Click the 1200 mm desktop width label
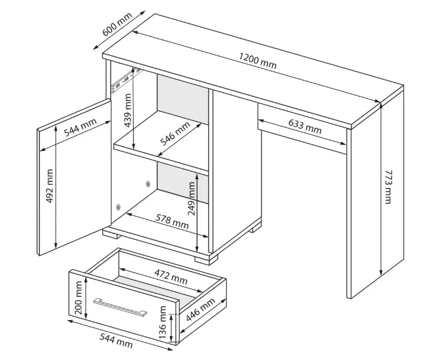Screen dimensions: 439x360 [x=258, y=61]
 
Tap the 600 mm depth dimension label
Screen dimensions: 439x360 [x=117, y=24]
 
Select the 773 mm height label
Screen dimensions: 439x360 [x=387, y=186]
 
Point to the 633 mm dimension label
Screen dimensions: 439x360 [x=305, y=126]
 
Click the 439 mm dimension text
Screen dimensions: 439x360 [x=128, y=110]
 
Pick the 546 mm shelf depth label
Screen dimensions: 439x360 [x=175, y=134]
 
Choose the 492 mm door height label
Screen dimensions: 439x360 [x=49, y=186]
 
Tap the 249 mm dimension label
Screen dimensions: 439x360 [x=192, y=199]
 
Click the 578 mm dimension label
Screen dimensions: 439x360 [x=172, y=221]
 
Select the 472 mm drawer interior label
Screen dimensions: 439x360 [x=171, y=277]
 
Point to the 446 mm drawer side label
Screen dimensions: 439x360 [x=200, y=310]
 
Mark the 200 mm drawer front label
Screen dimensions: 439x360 [x=78, y=298]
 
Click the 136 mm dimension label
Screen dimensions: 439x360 [x=163, y=322]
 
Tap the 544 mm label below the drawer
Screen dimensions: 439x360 [x=116, y=341]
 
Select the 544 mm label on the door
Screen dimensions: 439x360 [x=80, y=127]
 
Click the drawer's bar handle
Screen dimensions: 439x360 [x=120, y=307]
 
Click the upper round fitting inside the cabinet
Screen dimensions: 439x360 [x=148, y=184]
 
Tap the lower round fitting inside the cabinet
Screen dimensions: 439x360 [x=118, y=207]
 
